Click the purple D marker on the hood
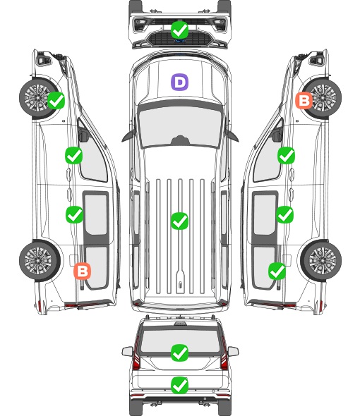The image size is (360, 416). point(179,82)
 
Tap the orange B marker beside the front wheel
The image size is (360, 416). point(304,101)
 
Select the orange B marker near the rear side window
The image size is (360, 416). point(83,271)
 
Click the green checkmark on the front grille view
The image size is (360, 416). point(179,30)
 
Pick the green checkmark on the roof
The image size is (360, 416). point(179,221)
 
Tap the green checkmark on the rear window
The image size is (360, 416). point(179,353)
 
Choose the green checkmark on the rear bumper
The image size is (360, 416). point(179,385)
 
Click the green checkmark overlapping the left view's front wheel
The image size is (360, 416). point(56,100)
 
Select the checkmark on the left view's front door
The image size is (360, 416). point(74,155)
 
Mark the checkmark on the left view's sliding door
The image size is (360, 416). point(74,214)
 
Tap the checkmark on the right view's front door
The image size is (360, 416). point(286,155)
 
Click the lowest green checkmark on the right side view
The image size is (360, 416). point(277,271)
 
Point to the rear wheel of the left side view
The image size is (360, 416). point(40,261)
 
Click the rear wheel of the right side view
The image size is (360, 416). point(321,261)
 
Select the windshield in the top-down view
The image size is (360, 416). point(180,127)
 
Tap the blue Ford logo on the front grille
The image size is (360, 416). point(180,41)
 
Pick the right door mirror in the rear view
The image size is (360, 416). point(233,351)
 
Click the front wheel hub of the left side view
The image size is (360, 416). point(37,97)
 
